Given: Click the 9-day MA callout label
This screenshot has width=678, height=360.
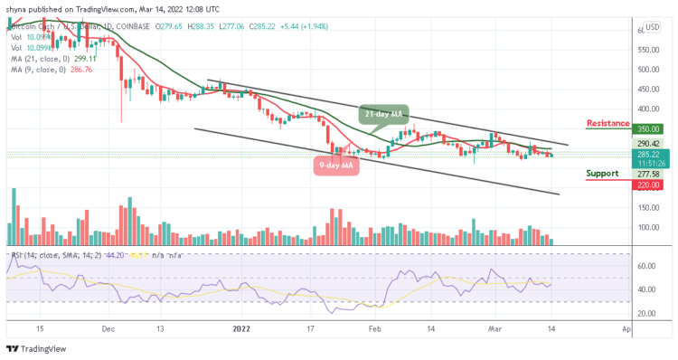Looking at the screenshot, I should pyautogui.click(x=336, y=164).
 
